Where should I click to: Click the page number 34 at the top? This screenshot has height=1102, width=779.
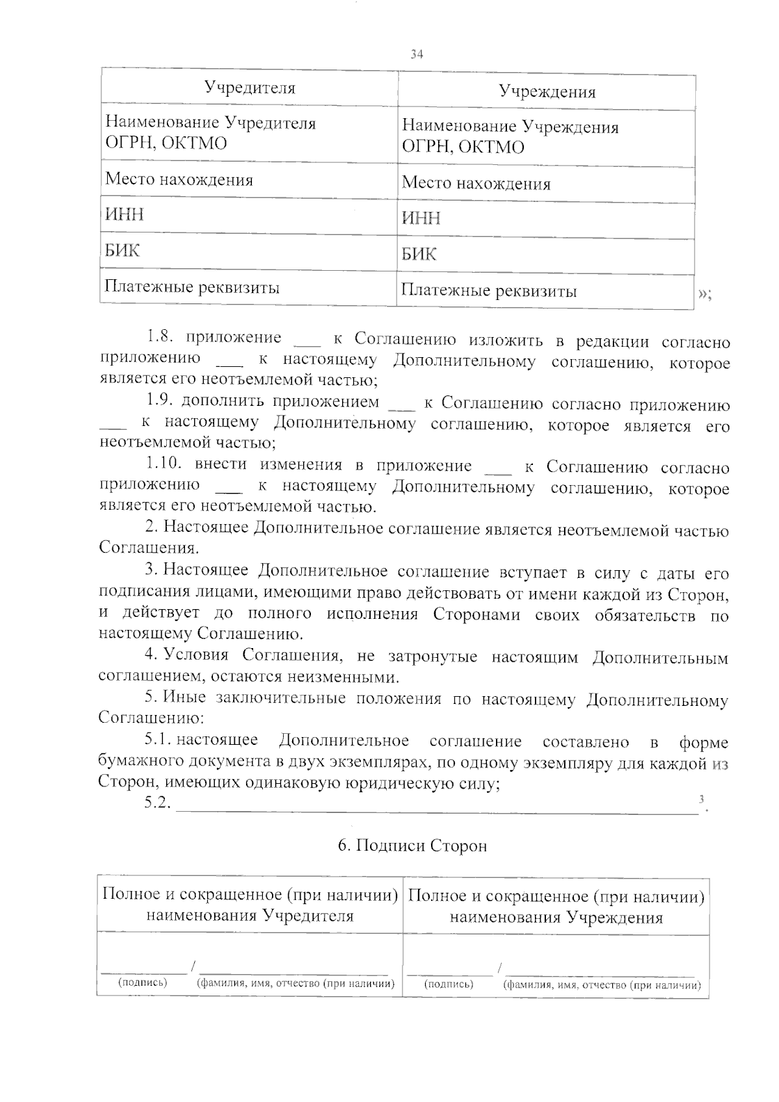coord(417,55)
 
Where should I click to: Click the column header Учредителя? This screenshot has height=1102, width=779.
coord(250,87)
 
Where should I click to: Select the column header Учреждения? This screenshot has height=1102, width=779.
coord(547,92)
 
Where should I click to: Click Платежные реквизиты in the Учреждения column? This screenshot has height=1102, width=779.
coord(489,290)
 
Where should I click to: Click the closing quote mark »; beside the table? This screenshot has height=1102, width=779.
coord(705,294)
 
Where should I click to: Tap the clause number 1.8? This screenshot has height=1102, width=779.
coord(161,337)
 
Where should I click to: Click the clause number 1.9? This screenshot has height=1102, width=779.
coord(160,402)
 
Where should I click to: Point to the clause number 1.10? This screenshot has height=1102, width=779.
coord(164,464)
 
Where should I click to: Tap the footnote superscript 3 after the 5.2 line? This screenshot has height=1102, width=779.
coord(700,799)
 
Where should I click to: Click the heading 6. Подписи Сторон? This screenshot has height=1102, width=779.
coord(412,846)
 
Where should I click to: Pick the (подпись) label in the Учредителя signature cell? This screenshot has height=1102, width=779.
coord(142,983)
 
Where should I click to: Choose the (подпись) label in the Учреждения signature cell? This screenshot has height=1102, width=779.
coord(449,984)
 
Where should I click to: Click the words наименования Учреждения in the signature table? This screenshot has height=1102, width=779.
coord(556,918)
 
